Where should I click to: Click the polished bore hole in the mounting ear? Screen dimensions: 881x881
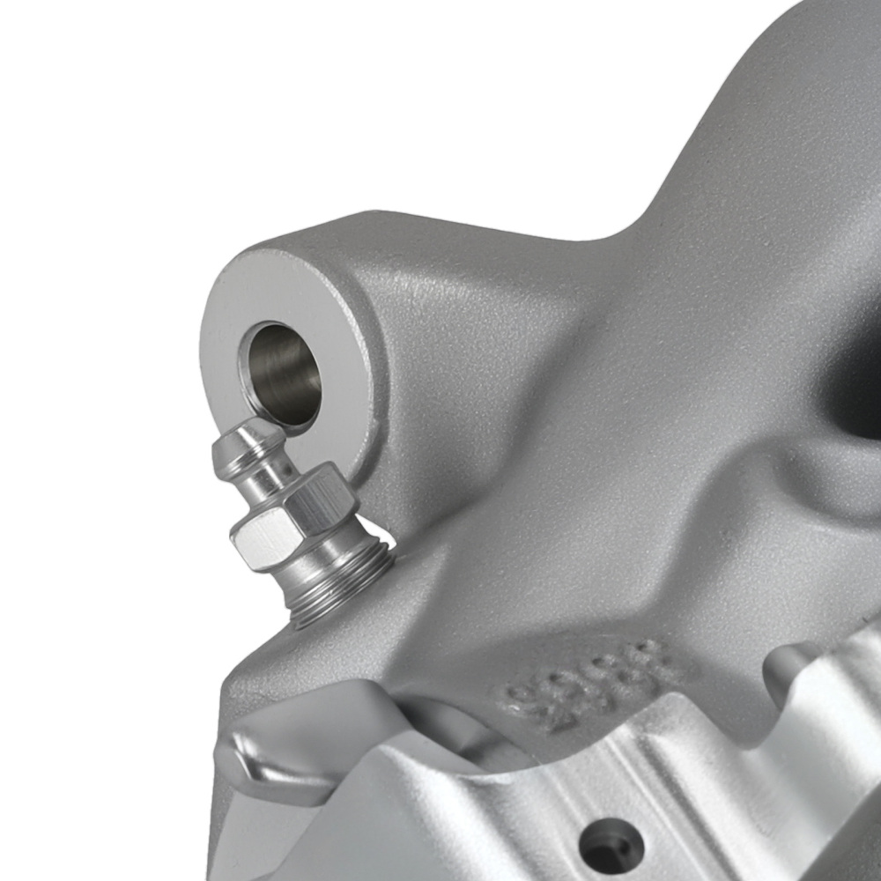280,375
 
